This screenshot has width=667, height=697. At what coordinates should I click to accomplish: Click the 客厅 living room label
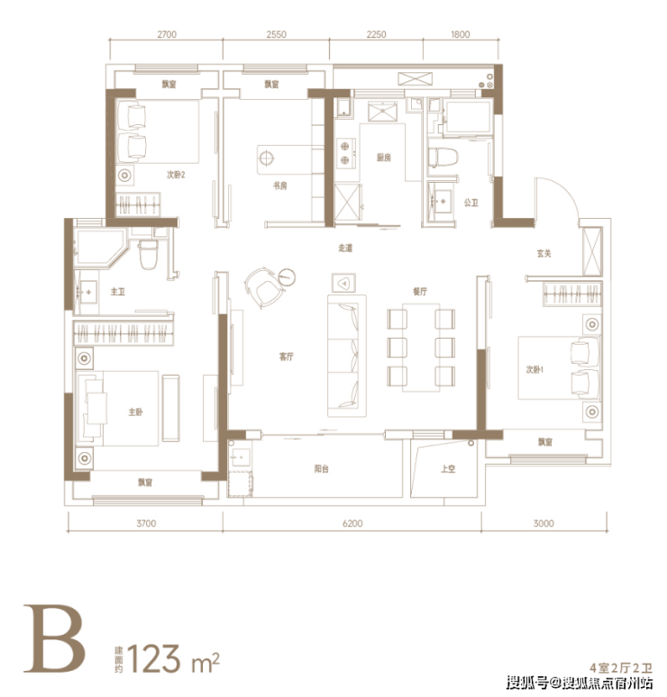pyautogui.click(x=286, y=357)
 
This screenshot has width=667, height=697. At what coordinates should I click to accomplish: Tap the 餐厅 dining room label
pyautogui.click(x=420, y=292)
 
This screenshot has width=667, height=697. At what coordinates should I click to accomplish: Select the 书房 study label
pyautogui.click(x=280, y=186)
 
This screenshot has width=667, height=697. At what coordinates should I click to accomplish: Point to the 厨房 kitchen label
pyautogui.click(x=384, y=158)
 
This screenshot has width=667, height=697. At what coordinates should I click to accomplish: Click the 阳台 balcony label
pyautogui.click(x=321, y=468)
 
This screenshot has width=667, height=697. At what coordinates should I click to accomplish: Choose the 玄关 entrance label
pyautogui.click(x=544, y=253)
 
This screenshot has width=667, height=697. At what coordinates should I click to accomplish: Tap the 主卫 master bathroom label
pyautogui.click(x=117, y=292)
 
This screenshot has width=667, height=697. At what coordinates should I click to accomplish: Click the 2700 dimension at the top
pyautogui.click(x=167, y=34)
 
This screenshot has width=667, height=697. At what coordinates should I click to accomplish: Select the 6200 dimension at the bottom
pyautogui.click(x=352, y=523)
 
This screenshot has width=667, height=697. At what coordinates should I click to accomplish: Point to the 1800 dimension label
pyautogui.click(x=460, y=34)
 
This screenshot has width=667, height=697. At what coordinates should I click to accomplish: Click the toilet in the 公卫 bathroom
pyautogui.click(x=443, y=158)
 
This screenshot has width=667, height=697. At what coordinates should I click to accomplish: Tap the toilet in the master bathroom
pyautogui.click(x=148, y=255)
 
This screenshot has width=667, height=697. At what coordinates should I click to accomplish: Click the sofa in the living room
pyautogui.click(x=347, y=356)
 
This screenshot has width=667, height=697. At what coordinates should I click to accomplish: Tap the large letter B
pyautogui.click(x=53, y=638)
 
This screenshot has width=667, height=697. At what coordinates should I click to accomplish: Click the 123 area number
pyautogui.click(x=154, y=658)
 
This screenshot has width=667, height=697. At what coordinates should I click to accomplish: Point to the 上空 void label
pyautogui.click(x=448, y=468)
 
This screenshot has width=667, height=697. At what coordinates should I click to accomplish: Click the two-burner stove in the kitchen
pyautogui.click(x=346, y=153)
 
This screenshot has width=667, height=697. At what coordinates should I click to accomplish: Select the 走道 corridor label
pyautogui.click(x=345, y=248)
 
